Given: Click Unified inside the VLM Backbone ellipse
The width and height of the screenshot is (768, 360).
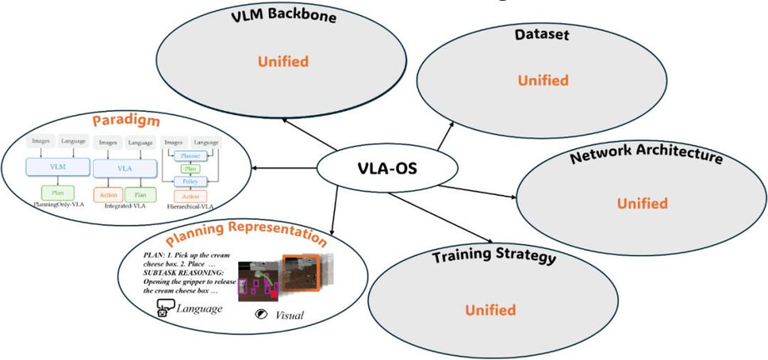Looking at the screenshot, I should (x=283, y=62).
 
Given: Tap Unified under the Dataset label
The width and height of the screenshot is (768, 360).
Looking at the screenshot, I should (x=543, y=81).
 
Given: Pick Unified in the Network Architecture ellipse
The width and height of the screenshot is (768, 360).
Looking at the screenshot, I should (x=642, y=203).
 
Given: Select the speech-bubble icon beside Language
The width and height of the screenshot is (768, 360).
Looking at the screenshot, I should (x=163, y=310).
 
